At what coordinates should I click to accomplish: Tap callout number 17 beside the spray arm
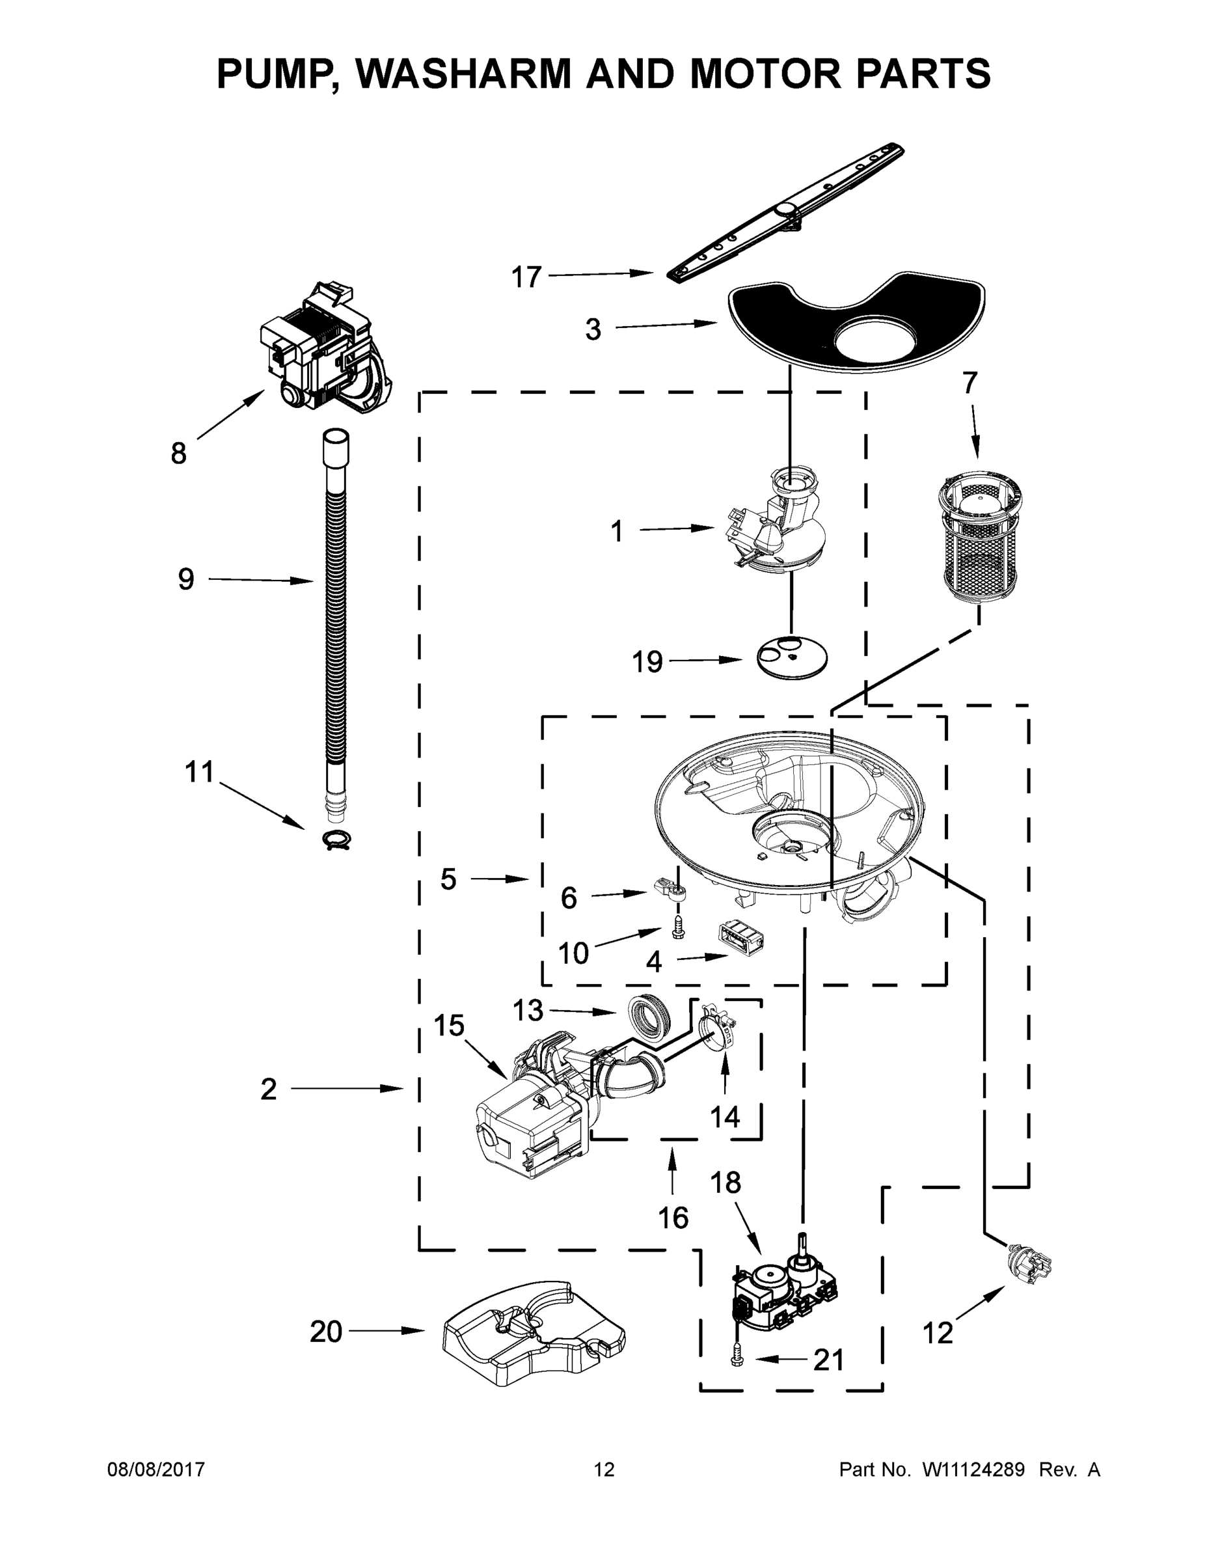click(526, 277)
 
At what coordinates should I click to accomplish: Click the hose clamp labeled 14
click(716, 1035)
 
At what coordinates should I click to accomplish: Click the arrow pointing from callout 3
click(665, 325)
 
